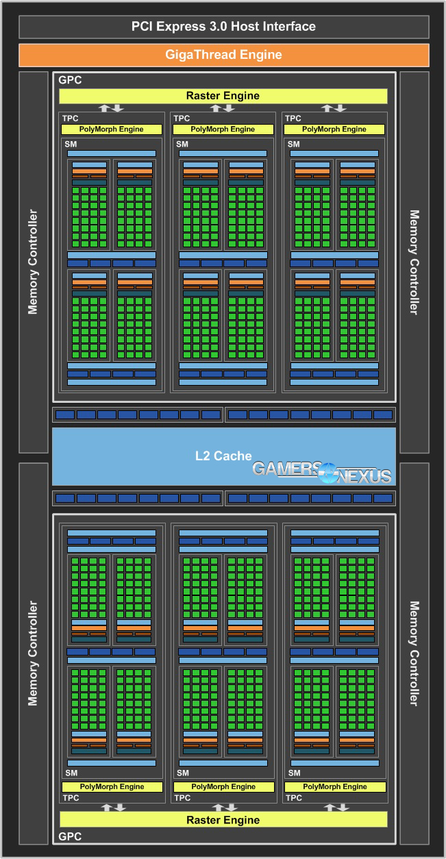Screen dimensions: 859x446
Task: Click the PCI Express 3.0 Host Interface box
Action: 223,27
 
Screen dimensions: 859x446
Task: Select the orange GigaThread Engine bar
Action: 223,55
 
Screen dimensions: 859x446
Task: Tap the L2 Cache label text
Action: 223,456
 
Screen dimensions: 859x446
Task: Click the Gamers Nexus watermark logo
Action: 322,471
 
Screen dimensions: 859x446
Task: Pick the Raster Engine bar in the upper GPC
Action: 223,96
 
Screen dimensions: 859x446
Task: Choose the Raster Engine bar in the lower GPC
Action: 223,819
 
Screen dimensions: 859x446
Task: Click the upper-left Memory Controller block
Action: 33,262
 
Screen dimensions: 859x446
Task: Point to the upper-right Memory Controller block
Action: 414,262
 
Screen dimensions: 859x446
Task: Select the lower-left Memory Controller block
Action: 33,653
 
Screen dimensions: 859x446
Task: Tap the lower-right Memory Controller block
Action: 414,653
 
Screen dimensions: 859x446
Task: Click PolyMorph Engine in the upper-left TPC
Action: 112,129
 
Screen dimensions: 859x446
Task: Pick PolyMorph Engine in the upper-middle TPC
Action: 223,129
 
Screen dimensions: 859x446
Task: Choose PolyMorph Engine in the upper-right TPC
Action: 334,129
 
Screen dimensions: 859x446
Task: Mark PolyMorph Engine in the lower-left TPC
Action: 112,786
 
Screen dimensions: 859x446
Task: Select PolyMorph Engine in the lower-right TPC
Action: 334,786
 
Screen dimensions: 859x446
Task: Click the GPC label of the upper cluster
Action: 70,80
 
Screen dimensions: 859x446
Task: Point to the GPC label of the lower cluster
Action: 70,837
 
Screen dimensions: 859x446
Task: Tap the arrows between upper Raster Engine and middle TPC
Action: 223,108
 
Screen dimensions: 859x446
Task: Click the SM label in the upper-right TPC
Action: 294,144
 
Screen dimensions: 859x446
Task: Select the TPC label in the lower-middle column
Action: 182,798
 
